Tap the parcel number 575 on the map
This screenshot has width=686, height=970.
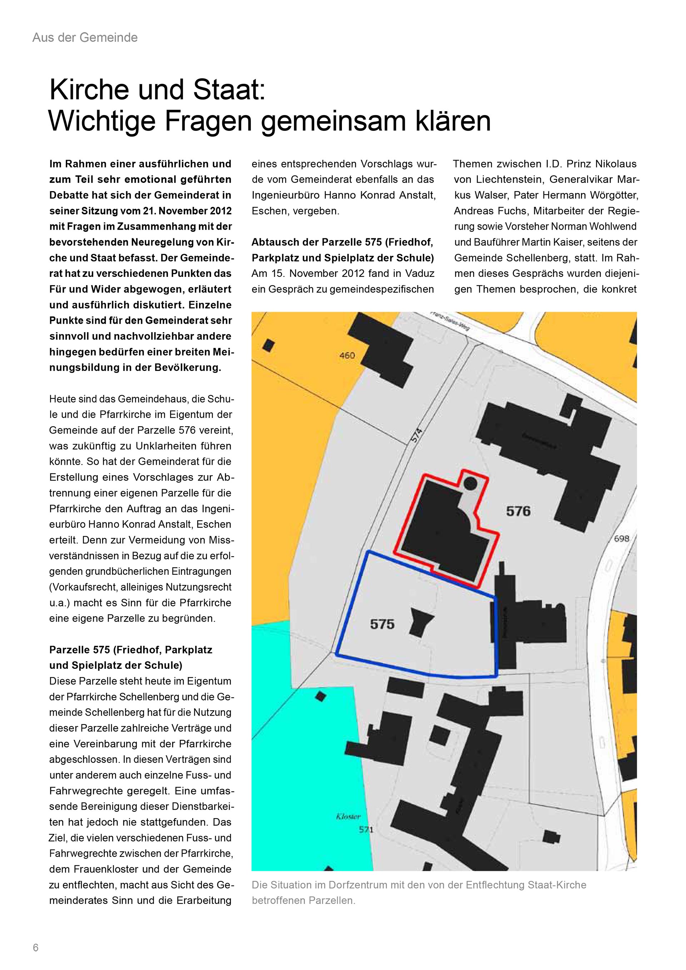(382, 624)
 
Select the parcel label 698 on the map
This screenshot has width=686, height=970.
(621, 539)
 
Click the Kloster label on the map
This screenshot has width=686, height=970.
(348, 817)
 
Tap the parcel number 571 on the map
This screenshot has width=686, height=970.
(366, 830)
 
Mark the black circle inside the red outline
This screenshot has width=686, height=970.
(470, 483)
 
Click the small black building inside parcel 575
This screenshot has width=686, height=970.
(421, 621)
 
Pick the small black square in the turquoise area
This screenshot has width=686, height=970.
(322, 696)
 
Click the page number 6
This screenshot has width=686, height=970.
(35, 947)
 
